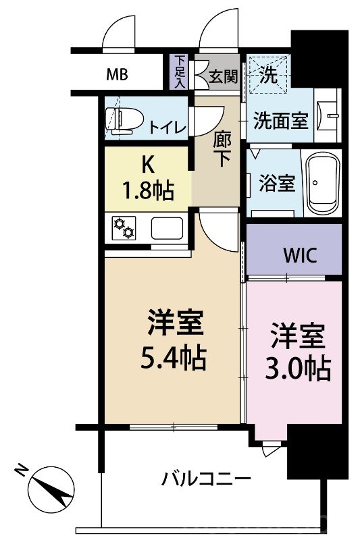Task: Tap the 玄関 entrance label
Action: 223,76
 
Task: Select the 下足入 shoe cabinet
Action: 180,72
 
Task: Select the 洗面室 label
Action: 281,121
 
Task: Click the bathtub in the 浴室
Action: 323,182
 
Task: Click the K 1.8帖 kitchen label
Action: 148,178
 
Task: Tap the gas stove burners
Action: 124,228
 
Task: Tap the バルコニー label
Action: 206,480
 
